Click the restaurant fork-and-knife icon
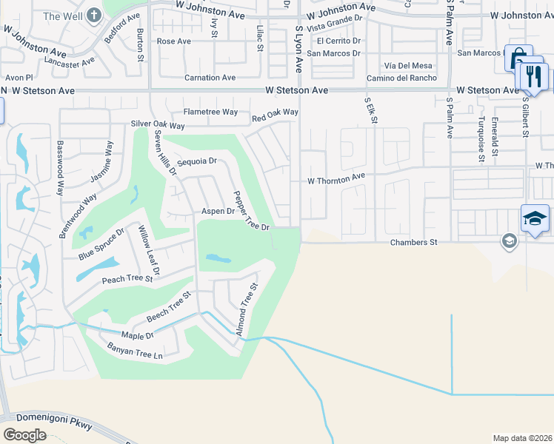tap(533, 75)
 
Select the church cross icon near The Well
tap(94, 15)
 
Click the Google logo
tap(25, 434)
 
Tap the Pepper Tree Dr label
tap(251, 212)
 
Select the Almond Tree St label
tap(247, 309)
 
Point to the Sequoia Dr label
tap(196, 161)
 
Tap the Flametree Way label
tap(210, 112)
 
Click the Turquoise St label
tap(481, 138)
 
